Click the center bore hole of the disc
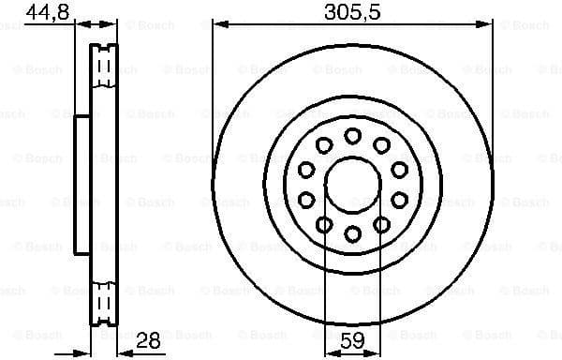tap(352, 185)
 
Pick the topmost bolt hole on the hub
tap(352, 136)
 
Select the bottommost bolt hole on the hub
tap(352, 233)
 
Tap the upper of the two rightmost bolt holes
tap(400, 169)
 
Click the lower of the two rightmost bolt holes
tap(400, 200)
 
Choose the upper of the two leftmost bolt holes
tap(305, 169)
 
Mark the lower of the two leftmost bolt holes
tap(305, 200)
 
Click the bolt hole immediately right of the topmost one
tap(382, 144)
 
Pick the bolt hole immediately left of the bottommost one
tap(323, 224)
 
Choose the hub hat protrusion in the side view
tap(82, 184)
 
